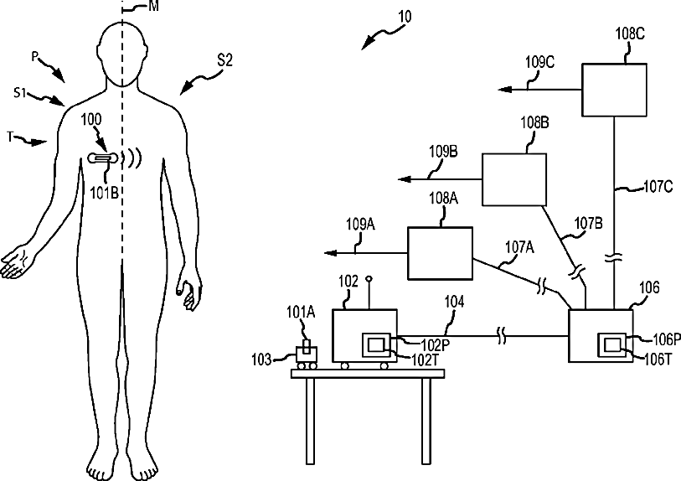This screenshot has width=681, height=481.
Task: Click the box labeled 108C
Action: click(615, 91)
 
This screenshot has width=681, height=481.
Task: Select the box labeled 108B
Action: click(513, 180)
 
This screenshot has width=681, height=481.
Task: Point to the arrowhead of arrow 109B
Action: click(400, 179)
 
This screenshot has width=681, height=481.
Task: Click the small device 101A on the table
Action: click(307, 352)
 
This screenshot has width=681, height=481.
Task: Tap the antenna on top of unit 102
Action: click(369, 289)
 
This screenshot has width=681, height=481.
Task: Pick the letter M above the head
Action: click(153, 7)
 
